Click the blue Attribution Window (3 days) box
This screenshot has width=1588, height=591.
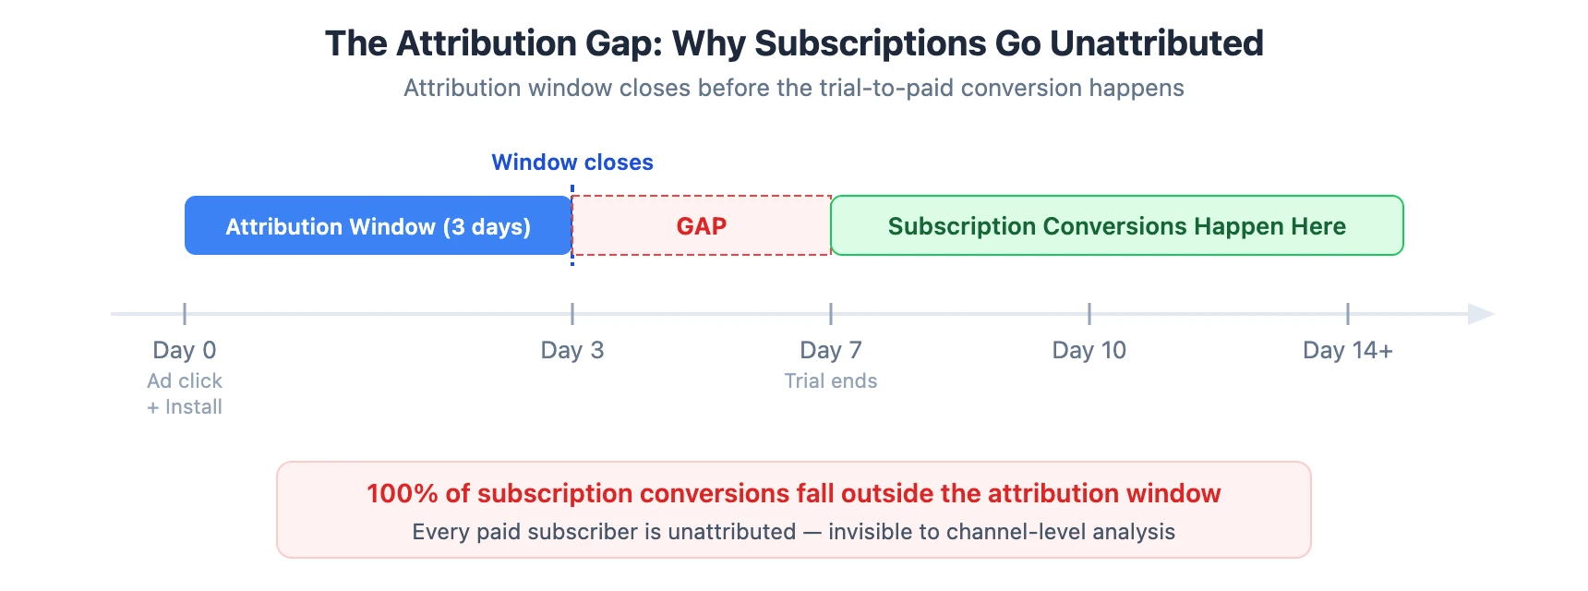point(379,225)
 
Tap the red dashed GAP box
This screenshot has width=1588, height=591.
point(702,225)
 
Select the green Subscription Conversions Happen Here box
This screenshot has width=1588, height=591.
point(1117,225)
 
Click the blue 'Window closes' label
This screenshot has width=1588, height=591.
point(572,163)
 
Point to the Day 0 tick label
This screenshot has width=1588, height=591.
point(185,350)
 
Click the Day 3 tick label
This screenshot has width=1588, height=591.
point(572,350)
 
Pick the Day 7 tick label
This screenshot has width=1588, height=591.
point(831,350)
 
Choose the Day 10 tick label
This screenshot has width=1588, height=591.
point(1089,350)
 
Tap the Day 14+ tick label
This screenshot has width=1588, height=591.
point(1348,350)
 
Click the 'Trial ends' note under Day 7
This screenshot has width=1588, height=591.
point(831,380)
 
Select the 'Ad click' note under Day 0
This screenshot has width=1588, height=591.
point(185,380)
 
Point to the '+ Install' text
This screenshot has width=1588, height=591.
point(185,406)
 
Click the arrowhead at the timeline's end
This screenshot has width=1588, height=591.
point(1481,314)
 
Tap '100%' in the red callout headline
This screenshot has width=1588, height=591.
point(403,493)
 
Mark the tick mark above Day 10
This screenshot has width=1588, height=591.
point(1089,313)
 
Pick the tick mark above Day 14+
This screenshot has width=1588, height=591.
point(1348,313)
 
